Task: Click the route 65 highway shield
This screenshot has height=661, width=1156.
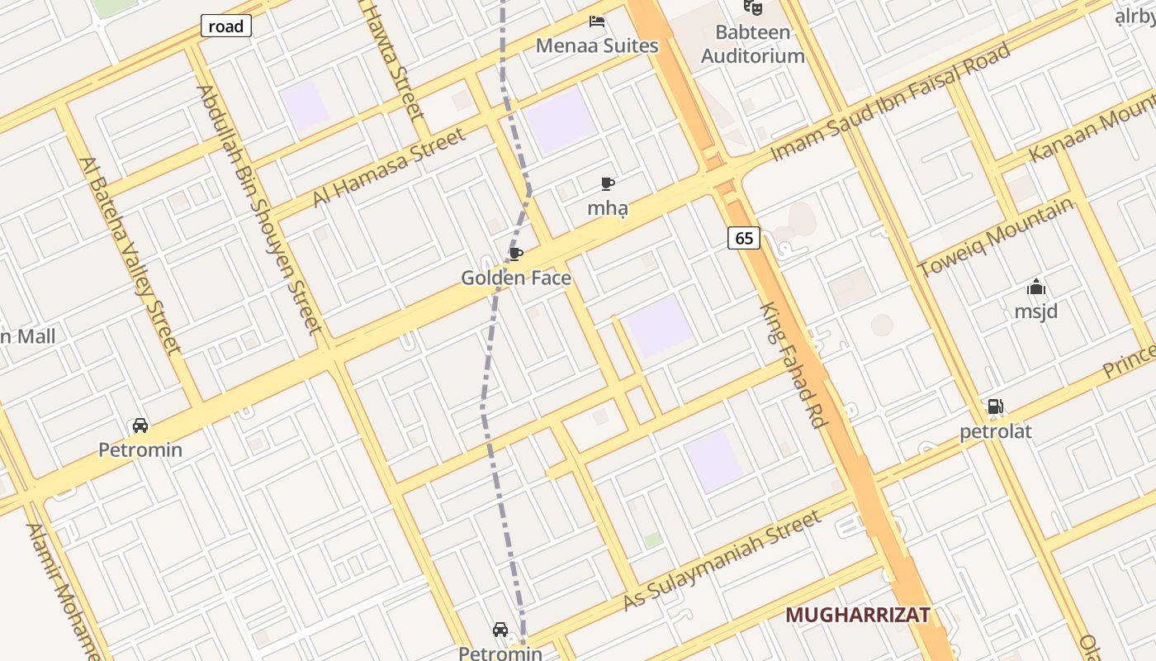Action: pyautogui.click(x=744, y=238)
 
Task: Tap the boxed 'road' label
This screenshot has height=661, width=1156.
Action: pyautogui.click(x=225, y=26)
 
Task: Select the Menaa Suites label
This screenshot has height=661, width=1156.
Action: pyautogui.click(x=597, y=45)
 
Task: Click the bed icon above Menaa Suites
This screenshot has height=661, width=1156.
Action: pyautogui.click(x=597, y=21)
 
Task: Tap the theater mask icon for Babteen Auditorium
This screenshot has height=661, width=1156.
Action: pyautogui.click(x=752, y=7)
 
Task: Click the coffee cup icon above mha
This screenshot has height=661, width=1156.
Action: pyautogui.click(x=608, y=183)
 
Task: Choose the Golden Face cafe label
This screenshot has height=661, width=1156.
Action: pyautogui.click(x=516, y=278)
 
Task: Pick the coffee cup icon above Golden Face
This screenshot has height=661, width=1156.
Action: pyautogui.click(x=516, y=253)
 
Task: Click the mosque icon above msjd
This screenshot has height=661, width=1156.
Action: pyautogui.click(x=1036, y=288)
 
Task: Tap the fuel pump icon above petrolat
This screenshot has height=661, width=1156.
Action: pyautogui.click(x=996, y=407)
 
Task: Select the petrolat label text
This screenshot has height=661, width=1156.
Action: pyautogui.click(x=996, y=431)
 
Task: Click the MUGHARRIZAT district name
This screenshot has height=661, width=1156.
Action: pyautogui.click(x=858, y=615)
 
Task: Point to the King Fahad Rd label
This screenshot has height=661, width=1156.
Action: pyautogui.click(x=794, y=364)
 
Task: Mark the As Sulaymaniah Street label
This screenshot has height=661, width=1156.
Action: pyautogui.click(x=722, y=560)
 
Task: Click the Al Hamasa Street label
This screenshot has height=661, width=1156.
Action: pyautogui.click(x=389, y=168)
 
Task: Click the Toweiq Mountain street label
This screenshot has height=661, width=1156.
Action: pyautogui.click(x=996, y=237)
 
